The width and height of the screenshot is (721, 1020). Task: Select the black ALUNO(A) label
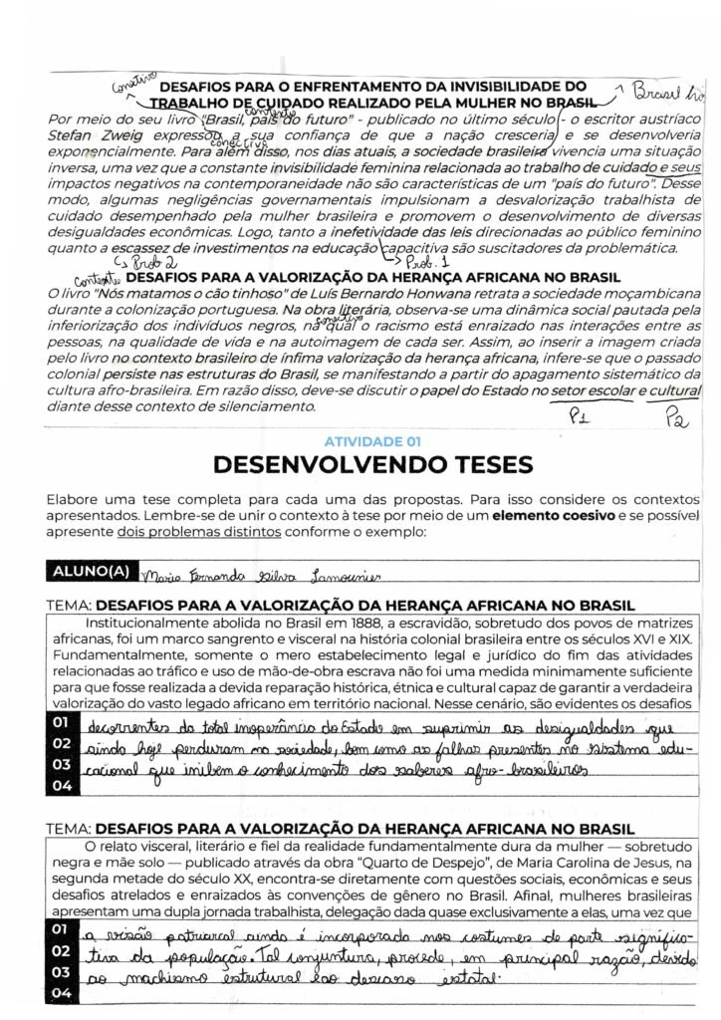[89, 572]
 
